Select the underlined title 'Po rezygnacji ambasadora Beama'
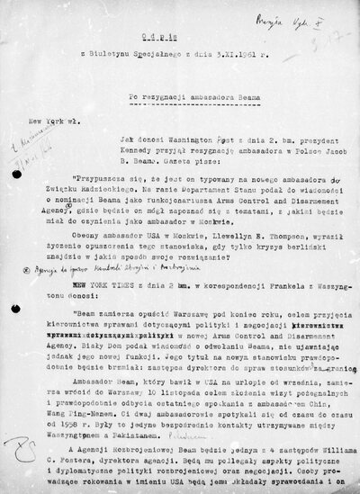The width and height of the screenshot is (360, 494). point(208,95)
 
